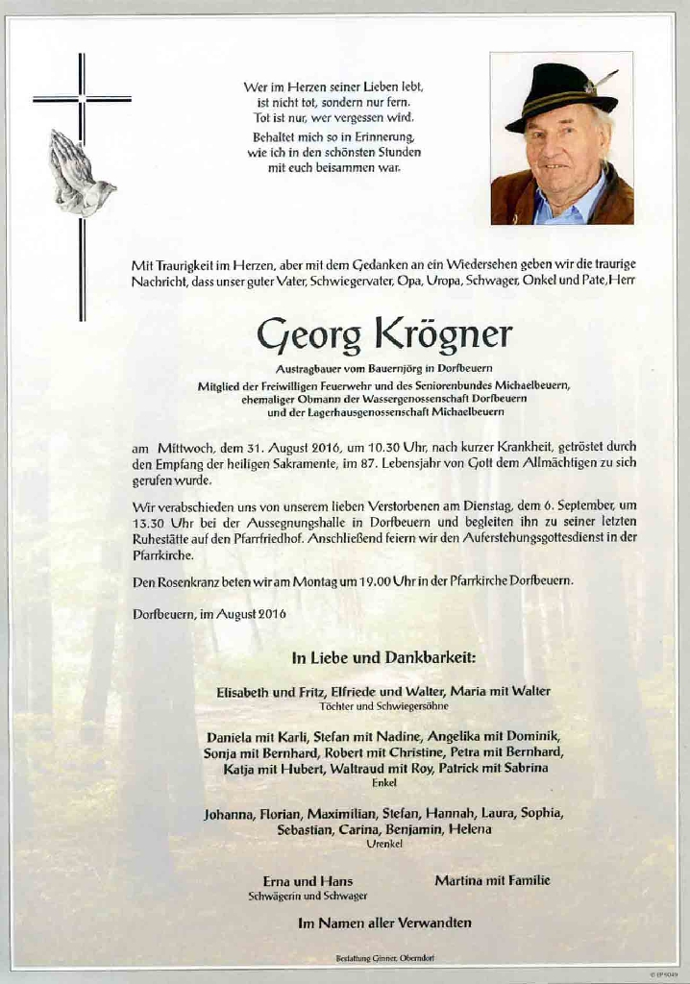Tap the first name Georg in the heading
coord(308,336)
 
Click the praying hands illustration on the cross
coord(80,172)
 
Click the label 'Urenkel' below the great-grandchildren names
coord(383,844)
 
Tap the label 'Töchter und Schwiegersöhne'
coord(383,706)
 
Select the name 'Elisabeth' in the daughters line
coord(242,691)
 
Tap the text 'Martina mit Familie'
coord(492,880)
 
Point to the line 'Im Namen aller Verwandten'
coord(384,922)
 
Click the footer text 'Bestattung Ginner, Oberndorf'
coord(383,959)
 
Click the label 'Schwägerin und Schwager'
coord(308,896)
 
